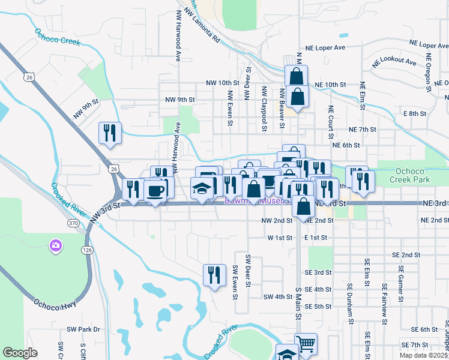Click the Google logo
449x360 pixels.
(20, 353)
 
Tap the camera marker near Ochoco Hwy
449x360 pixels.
(55, 245)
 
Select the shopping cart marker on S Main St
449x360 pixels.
(306, 344)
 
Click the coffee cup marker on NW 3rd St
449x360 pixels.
(155, 190)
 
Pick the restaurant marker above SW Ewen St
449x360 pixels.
(214, 275)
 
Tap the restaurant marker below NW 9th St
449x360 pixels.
(110, 133)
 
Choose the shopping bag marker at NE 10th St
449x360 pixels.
(296, 76)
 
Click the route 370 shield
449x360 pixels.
(73, 223)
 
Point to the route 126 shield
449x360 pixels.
(88, 250)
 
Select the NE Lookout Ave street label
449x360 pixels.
(394, 62)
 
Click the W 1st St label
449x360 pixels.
(280, 238)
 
